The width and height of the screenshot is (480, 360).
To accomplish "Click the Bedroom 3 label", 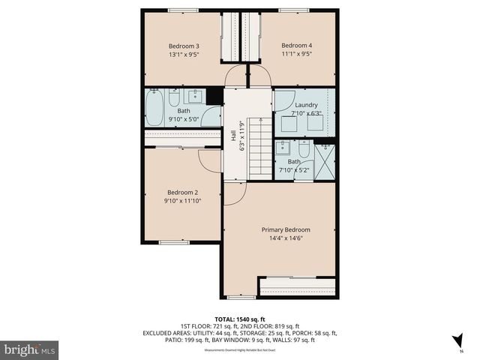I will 183,46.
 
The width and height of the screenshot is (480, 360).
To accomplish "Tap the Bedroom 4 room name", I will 296,46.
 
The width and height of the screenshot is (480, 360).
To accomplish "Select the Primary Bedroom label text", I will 286,229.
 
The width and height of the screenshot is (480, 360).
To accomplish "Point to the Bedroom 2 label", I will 182,191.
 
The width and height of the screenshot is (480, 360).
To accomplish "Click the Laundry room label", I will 306,105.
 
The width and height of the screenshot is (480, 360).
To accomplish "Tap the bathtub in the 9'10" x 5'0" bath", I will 154,108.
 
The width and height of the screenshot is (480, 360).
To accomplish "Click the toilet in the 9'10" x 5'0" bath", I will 174,98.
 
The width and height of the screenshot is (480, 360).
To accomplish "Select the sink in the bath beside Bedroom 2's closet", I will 196,96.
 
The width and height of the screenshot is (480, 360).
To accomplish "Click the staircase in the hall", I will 259,151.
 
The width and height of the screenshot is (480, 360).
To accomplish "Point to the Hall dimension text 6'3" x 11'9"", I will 242,136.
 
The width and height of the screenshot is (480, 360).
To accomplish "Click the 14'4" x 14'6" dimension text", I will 286,238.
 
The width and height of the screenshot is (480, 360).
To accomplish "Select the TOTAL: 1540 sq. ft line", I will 240,318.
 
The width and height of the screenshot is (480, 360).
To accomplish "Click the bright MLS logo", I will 30,349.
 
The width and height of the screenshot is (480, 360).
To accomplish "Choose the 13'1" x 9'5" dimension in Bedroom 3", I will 183,54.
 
